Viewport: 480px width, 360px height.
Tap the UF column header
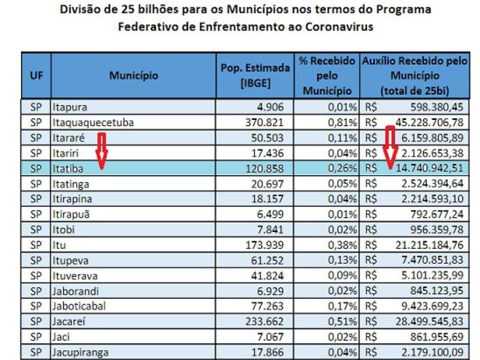pos(36,76)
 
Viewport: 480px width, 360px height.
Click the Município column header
pos(133,76)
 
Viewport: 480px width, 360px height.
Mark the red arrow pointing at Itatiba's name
pos(101,152)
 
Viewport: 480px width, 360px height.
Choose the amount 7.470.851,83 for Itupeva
pos(428,260)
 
